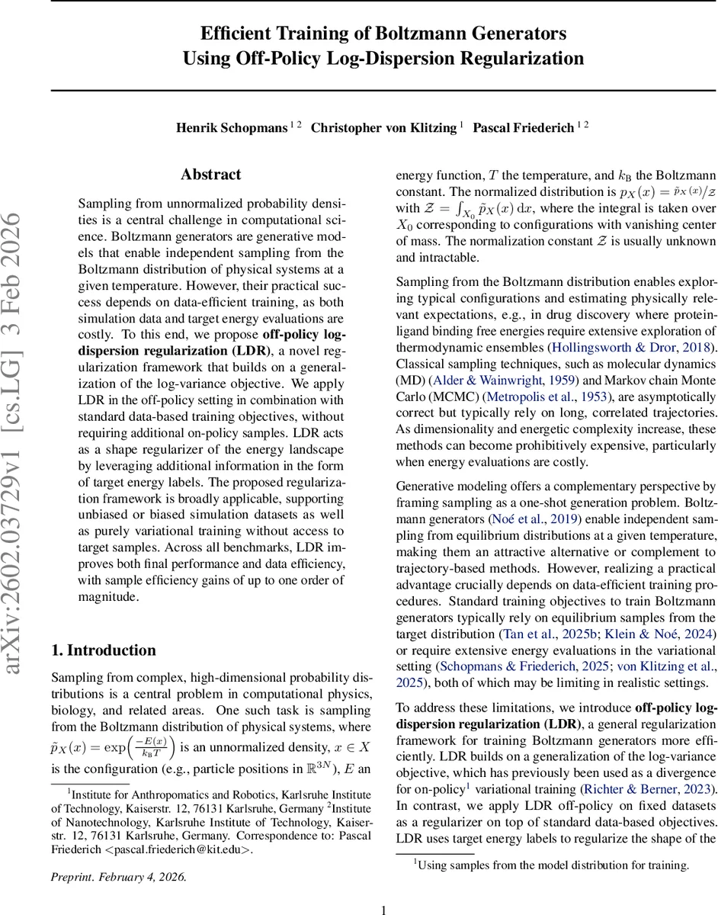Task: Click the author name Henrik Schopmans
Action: [x=231, y=127]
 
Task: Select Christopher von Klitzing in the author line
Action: [x=383, y=127]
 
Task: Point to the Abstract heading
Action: [x=211, y=175]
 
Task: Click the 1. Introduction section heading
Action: [x=103, y=650]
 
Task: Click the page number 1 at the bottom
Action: [x=384, y=909]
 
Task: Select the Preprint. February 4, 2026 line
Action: [x=118, y=876]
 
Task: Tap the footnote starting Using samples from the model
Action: [x=551, y=865]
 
